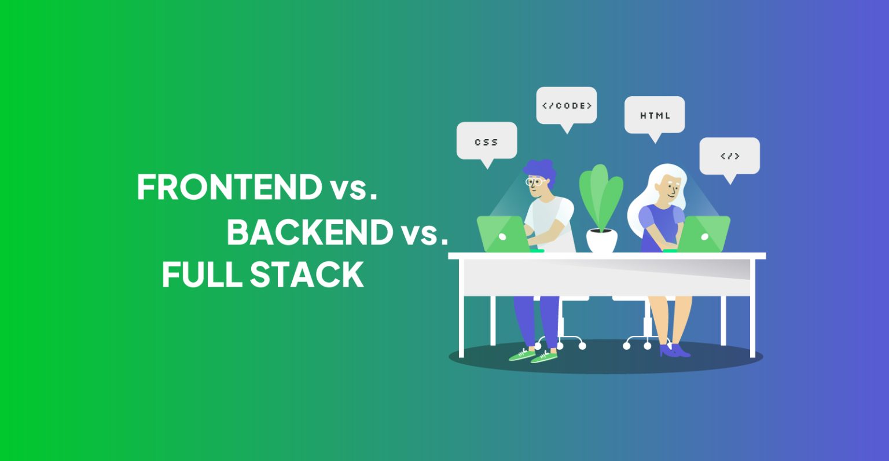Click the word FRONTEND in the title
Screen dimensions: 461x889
229,187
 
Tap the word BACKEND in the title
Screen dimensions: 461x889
310,232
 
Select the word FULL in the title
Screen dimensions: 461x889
201,275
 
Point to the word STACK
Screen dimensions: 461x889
307,275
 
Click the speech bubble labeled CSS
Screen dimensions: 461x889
486,141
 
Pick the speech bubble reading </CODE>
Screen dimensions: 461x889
566,105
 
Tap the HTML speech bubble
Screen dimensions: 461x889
655,115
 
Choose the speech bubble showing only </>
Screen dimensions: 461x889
729,156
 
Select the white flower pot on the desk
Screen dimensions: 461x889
602,240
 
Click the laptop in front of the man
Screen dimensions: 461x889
502,235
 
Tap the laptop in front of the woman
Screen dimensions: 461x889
704,235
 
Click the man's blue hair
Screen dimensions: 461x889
541,170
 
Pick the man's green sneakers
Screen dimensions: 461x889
532,355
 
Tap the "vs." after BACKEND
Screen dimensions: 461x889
424,233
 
